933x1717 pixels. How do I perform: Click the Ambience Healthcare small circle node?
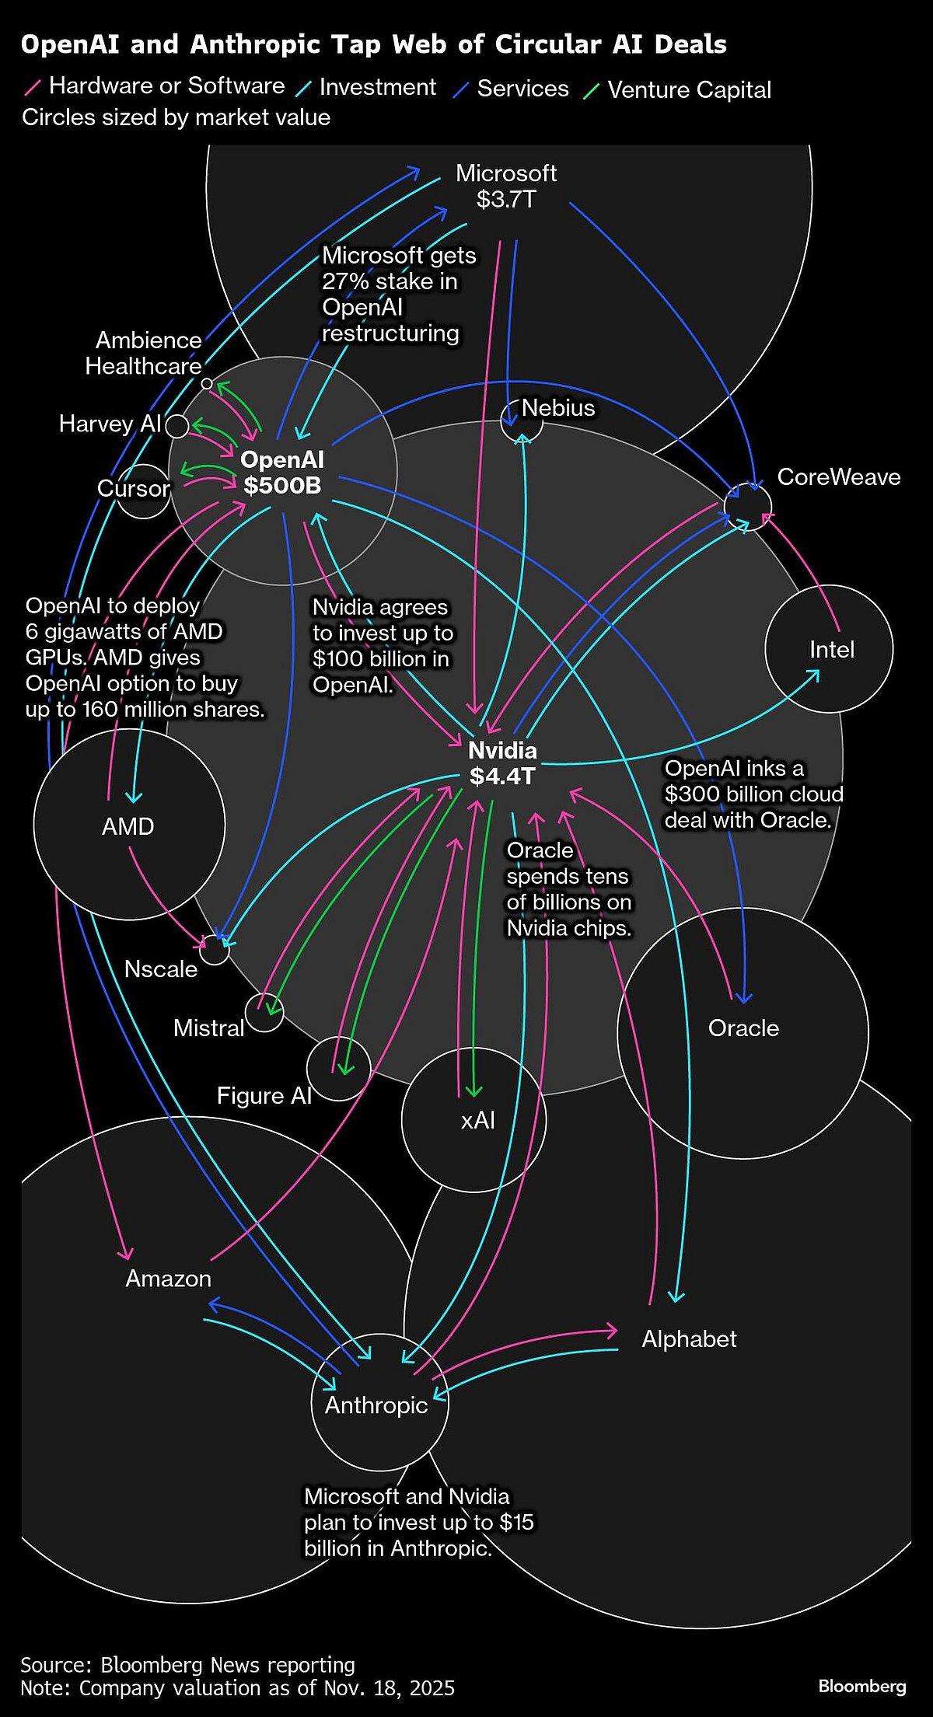click(207, 383)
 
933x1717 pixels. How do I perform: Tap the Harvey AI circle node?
click(177, 426)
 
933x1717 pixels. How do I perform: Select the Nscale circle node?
click(214, 950)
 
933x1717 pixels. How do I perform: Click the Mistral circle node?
click(264, 1013)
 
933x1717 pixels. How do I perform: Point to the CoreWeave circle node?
click(747, 506)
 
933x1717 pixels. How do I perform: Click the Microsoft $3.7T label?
click(506, 187)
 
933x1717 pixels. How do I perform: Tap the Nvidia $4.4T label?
click(502, 763)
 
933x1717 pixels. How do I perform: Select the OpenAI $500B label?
click(282, 473)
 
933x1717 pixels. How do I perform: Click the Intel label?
click(831, 650)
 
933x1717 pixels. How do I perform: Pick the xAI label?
click(477, 1120)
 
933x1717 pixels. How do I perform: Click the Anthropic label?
click(376, 1405)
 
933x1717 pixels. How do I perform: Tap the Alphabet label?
click(689, 1339)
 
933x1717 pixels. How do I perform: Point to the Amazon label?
click(168, 1279)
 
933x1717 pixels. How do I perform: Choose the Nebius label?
click(557, 408)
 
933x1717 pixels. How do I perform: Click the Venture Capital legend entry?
click(689, 90)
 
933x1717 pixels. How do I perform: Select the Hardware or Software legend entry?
click(166, 86)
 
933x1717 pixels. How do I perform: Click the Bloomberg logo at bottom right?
click(862, 1686)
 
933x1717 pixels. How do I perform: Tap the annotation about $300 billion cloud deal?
click(753, 794)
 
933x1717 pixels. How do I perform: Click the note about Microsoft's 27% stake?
click(398, 295)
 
